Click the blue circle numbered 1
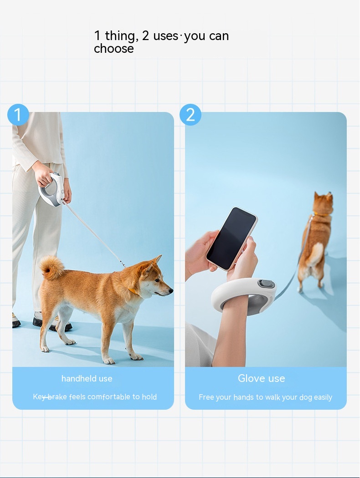pos(18,115)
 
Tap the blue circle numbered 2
pos(190,115)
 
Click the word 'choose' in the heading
pos(114,48)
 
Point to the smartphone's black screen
pos(231,238)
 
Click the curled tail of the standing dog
pos(52,268)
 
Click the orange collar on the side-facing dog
pos(133,291)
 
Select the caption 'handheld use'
pos(87,379)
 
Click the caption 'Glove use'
pos(262,378)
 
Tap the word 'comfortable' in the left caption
pos(108,397)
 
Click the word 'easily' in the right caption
pos(323,397)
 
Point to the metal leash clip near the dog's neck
pos(123,264)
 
